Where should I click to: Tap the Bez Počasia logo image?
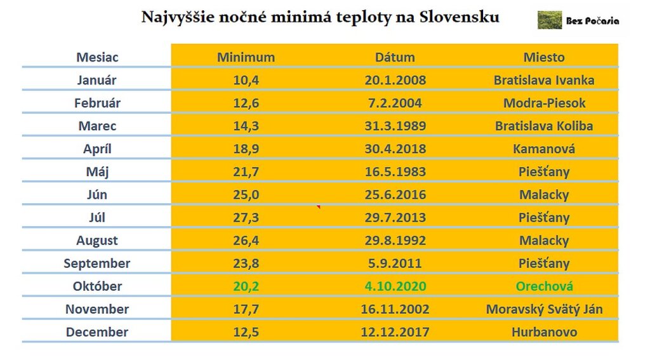point(549,20)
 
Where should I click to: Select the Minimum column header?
point(246,57)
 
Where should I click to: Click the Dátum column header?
point(395,57)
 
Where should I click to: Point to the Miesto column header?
point(544,57)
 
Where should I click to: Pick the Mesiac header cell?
point(97,57)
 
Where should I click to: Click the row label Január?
point(97,80)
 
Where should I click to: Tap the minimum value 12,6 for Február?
point(246,103)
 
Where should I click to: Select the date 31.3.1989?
point(395,126)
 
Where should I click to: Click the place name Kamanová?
point(544,149)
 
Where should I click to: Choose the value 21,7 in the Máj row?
point(246,171)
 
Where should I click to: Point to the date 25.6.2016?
point(395,194)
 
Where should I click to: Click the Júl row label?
point(97,217)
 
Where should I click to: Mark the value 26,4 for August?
point(246,241)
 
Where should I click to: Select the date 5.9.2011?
point(395,263)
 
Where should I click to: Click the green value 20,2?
point(246,286)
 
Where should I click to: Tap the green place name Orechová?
point(544,286)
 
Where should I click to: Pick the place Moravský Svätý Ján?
point(544,309)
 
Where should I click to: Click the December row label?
point(97,332)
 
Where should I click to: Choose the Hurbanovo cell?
point(544,332)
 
